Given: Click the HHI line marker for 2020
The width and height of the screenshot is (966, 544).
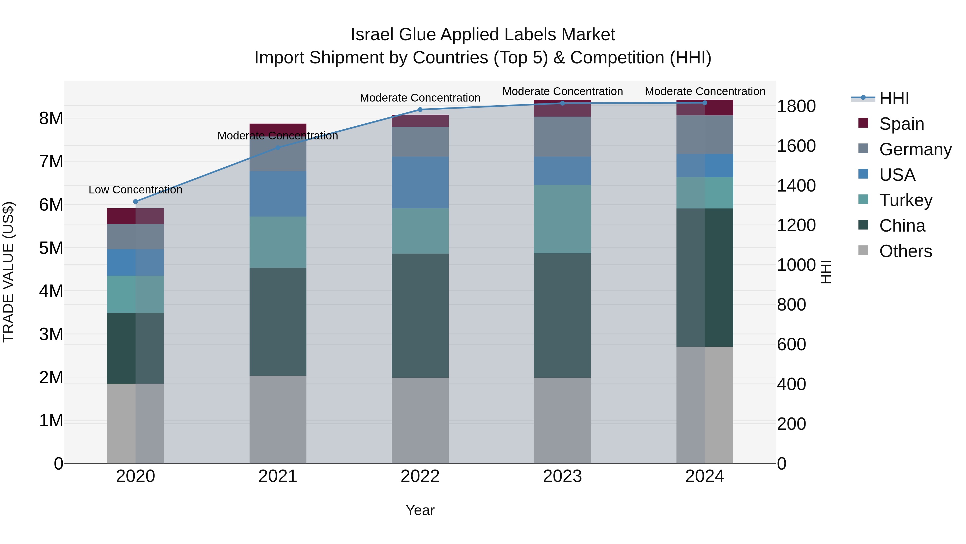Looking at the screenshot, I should [x=136, y=201].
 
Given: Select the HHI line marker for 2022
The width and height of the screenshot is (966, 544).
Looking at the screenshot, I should [x=420, y=110].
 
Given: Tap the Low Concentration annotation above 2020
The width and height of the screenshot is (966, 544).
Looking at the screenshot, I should [x=136, y=190].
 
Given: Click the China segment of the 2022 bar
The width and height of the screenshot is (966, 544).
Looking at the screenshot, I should [x=420, y=315].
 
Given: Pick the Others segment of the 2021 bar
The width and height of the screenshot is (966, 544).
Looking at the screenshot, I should [x=278, y=419].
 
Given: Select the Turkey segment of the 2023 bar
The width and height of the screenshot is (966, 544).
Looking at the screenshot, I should [x=562, y=219].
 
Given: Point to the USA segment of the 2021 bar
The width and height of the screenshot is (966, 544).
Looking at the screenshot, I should [x=278, y=194].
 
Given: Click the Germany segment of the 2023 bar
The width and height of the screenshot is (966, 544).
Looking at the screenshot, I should [x=562, y=137].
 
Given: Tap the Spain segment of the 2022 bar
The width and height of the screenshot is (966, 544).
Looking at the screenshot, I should [x=420, y=121].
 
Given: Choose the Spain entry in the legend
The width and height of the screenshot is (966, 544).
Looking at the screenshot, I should [x=902, y=124].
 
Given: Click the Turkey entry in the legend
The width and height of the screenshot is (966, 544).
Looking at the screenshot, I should [x=906, y=200].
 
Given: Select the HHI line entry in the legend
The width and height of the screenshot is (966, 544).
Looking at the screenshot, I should [x=894, y=98].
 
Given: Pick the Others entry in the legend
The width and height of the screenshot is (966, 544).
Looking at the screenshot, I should [x=905, y=251].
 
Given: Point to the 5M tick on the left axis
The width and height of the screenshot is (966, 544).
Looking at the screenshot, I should [x=51, y=248].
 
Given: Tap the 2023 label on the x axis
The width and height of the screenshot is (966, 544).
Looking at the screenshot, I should [x=562, y=476].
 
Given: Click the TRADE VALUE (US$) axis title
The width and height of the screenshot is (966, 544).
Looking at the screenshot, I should [x=8, y=272].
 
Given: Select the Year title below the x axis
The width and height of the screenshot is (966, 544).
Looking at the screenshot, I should [x=420, y=510].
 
